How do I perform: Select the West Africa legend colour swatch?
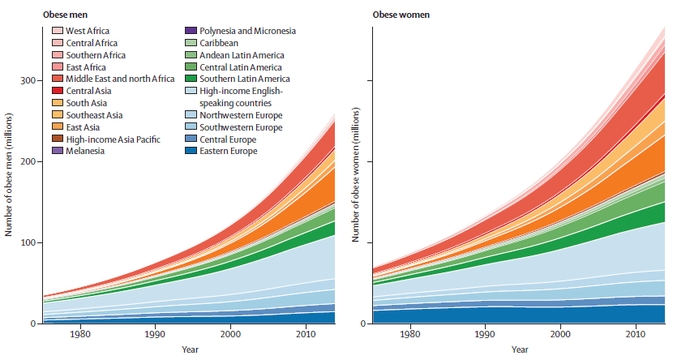pyautogui.click(x=58, y=31)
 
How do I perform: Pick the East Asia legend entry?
pyautogui.click(x=82, y=126)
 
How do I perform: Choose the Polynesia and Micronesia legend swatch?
pyautogui.click(x=190, y=31)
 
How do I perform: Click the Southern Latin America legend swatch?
pyautogui.click(x=190, y=79)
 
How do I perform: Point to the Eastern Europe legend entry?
pyautogui.click(x=227, y=151)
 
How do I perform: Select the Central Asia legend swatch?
pyautogui.click(x=58, y=91)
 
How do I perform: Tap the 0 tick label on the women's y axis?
pyautogui.click(x=365, y=324)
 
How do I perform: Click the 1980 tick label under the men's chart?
pyautogui.click(x=80, y=335)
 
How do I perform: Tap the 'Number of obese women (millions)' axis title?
pyautogui.click(x=356, y=174)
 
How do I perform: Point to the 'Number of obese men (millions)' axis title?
pyautogui.click(x=8, y=174)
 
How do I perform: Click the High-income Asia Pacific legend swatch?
pyautogui.click(x=58, y=139)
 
